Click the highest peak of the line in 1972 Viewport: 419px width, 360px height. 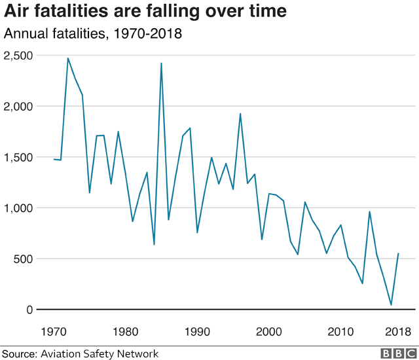click(x=68, y=58)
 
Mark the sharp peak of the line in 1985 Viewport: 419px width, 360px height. click(x=161, y=63)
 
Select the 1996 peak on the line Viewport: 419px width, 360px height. click(x=240, y=114)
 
